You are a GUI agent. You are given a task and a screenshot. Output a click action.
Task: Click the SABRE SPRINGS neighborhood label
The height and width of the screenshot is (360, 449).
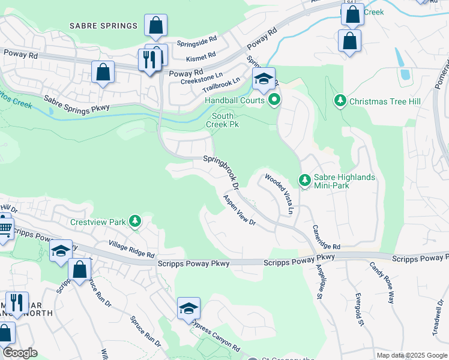(x=103, y=26)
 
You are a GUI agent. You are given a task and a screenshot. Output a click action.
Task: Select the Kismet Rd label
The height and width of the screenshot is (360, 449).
(x=200, y=55)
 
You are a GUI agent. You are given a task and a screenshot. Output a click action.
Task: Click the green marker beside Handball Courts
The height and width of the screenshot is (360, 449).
(x=274, y=100)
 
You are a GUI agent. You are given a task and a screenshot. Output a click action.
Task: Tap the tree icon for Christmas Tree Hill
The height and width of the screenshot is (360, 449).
(x=340, y=100)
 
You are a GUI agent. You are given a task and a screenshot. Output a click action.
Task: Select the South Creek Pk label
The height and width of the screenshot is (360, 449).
(x=223, y=120)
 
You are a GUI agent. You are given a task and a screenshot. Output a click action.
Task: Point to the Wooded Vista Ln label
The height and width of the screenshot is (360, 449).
(x=279, y=194)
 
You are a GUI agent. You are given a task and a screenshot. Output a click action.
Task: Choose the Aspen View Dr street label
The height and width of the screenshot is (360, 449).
(x=240, y=210)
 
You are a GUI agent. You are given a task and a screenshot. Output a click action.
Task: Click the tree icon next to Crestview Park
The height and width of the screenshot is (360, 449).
(x=135, y=222)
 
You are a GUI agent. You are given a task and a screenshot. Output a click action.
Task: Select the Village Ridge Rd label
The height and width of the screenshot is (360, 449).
(x=131, y=249)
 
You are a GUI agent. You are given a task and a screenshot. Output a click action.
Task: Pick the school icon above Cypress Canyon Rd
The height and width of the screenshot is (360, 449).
(x=188, y=309)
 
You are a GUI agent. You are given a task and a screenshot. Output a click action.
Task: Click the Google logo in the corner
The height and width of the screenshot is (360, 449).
(x=19, y=353)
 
